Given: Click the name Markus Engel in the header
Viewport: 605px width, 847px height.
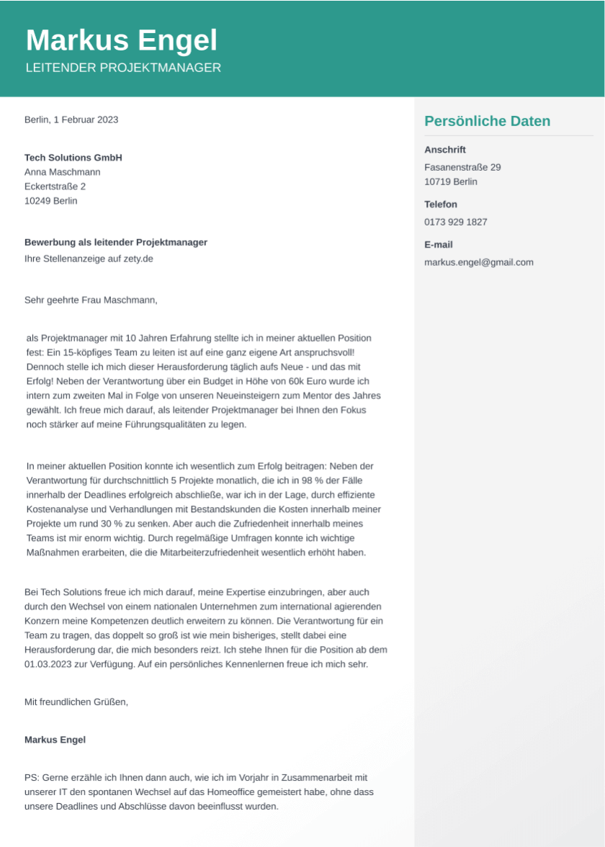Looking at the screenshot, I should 121,41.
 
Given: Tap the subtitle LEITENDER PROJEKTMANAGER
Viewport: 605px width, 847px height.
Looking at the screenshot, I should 123,68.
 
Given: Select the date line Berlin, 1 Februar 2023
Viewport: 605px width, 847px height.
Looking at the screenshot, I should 71,120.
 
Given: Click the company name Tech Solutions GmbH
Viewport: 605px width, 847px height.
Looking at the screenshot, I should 73,158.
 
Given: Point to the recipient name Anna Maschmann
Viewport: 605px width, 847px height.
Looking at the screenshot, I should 63,172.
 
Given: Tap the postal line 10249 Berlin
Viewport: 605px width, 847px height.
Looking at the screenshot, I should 51,201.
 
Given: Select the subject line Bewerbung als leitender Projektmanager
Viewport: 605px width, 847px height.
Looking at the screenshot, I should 116,243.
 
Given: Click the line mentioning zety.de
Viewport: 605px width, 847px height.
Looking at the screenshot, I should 89,259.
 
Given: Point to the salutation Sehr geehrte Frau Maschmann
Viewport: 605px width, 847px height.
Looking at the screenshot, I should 91,300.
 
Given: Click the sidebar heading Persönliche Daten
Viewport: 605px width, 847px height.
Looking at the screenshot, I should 487,121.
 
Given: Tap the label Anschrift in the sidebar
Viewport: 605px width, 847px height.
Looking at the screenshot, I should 445,150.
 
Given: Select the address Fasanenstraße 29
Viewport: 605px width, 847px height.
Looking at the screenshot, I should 462,167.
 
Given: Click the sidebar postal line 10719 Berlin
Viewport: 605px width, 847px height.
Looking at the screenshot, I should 451,181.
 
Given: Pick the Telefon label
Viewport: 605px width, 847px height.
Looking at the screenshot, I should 441,205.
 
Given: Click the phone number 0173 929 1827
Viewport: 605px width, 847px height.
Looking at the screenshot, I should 456,222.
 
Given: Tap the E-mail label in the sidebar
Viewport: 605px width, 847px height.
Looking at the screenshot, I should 439,245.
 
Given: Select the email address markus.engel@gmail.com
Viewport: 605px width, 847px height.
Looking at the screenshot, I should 479,262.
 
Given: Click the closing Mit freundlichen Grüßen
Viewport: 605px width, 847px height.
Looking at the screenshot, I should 76,702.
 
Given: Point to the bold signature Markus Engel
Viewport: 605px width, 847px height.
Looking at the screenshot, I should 55,740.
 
